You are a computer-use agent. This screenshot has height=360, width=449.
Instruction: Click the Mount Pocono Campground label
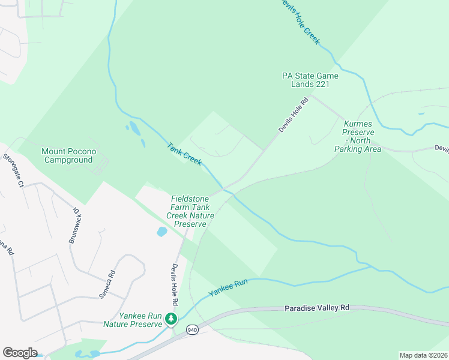coord(68,156)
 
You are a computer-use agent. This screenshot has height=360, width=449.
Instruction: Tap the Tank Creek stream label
coord(184,154)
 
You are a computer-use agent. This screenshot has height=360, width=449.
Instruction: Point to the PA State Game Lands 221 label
coord(310,80)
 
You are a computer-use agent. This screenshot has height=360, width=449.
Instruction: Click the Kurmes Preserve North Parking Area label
coord(358,136)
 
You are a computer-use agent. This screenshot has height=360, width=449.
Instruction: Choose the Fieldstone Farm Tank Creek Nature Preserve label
coord(190,211)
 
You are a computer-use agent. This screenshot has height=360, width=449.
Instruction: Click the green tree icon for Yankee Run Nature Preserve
coord(172,319)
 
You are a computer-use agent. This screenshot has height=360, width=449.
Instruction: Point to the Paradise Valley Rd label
coord(316,307)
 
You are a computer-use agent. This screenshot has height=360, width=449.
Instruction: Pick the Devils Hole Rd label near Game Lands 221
coord(293,115)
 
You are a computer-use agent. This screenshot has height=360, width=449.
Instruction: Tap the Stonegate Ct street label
coord(13,170)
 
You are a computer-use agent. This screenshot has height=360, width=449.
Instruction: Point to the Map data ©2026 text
coord(423,355)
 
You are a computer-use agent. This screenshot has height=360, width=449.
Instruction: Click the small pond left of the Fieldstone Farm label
coord(161,232)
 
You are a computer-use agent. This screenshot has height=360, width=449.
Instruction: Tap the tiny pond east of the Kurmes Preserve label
coord(421,113)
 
